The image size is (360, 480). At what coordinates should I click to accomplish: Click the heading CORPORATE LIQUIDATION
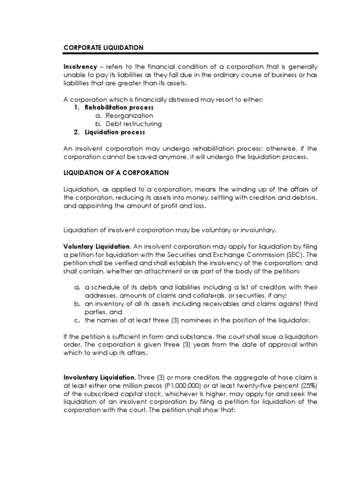[103, 48]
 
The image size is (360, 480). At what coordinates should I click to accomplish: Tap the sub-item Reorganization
[129, 115]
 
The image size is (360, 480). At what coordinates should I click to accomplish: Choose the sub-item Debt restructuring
[134, 124]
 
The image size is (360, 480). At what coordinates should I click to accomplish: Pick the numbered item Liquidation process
[115, 132]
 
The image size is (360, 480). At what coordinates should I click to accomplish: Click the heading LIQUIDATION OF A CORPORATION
[116, 172]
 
